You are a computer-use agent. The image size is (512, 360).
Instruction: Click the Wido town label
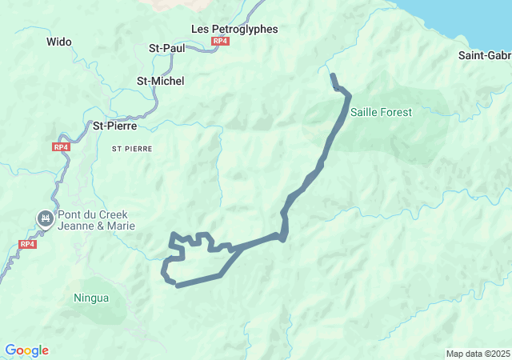pos(59,42)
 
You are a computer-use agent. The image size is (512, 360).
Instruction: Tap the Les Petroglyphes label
pos(234,29)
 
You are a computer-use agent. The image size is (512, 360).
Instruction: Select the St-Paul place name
pos(167,48)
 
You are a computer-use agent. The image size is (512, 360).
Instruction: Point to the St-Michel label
pos(160,81)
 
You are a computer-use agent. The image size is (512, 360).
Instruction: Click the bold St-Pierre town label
pos(115,126)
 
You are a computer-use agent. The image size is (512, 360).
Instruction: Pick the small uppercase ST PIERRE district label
pos(131,149)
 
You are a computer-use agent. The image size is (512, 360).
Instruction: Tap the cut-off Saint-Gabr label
pos(485,55)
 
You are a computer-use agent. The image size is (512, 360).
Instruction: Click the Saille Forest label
pos(381,112)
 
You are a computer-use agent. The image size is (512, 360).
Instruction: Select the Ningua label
pos(91,298)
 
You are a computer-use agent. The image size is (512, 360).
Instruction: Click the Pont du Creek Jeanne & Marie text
pos(95,220)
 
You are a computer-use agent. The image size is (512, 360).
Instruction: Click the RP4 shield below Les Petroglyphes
pos(220,41)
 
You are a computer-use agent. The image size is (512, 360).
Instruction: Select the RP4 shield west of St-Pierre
pos(62,147)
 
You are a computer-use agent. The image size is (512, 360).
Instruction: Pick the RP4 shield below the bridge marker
pos(27,244)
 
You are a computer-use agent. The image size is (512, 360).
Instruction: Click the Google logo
pos(26,350)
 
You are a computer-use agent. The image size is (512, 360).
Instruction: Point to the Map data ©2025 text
pos(477,354)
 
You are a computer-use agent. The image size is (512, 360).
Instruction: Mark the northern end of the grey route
pos(333,76)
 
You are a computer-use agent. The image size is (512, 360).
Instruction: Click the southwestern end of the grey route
pos(178,284)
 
